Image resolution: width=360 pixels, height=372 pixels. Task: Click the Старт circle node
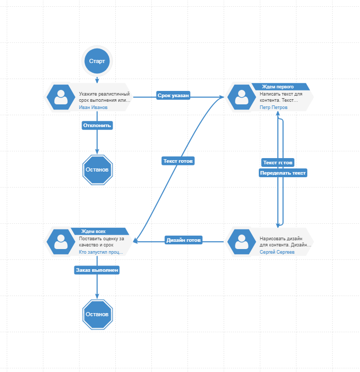(97, 61)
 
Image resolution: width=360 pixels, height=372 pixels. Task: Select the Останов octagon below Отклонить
(97, 169)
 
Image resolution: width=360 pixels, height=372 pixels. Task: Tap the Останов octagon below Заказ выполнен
(97, 314)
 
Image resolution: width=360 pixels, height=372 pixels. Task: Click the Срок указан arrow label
(173, 96)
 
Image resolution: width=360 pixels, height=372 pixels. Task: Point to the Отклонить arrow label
(97, 125)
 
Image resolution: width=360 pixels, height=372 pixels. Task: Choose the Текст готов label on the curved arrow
(178, 161)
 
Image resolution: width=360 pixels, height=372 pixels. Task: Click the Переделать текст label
(283, 174)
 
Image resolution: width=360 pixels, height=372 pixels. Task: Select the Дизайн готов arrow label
(183, 240)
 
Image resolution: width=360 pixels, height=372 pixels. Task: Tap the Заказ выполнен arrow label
(97, 270)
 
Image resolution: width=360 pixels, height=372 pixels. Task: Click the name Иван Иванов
(93, 107)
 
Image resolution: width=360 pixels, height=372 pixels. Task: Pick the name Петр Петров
(274, 107)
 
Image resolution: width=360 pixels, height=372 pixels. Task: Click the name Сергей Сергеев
(277, 252)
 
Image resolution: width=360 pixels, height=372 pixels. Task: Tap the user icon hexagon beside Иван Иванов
(61, 97)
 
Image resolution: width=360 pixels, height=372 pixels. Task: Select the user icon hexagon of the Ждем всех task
(61, 242)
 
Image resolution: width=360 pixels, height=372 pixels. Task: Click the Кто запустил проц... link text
(101, 252)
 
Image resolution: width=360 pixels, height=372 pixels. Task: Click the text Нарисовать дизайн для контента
(284, 241)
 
